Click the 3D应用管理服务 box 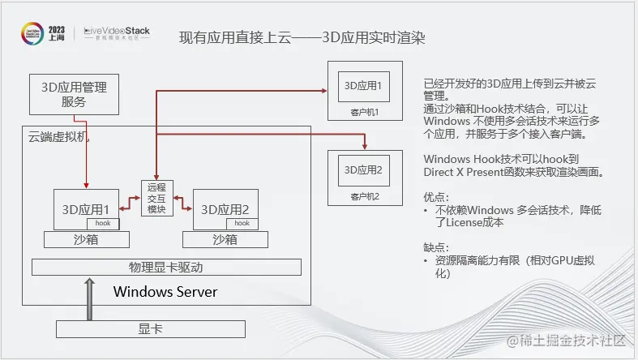tap(73, 94)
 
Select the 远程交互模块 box tap(157, 198)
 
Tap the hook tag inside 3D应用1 tap(103, 223)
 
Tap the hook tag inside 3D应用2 tap(242, 223)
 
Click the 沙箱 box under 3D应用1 tap(87, 239)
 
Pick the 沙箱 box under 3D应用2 tap(225, 239)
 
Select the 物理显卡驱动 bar tap(166, 267)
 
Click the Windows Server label tap(165, 291)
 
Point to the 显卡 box tap(150, 328)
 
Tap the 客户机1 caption tap(365, 112)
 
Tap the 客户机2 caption tap(365, 196)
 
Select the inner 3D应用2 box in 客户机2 tap(363, 169)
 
